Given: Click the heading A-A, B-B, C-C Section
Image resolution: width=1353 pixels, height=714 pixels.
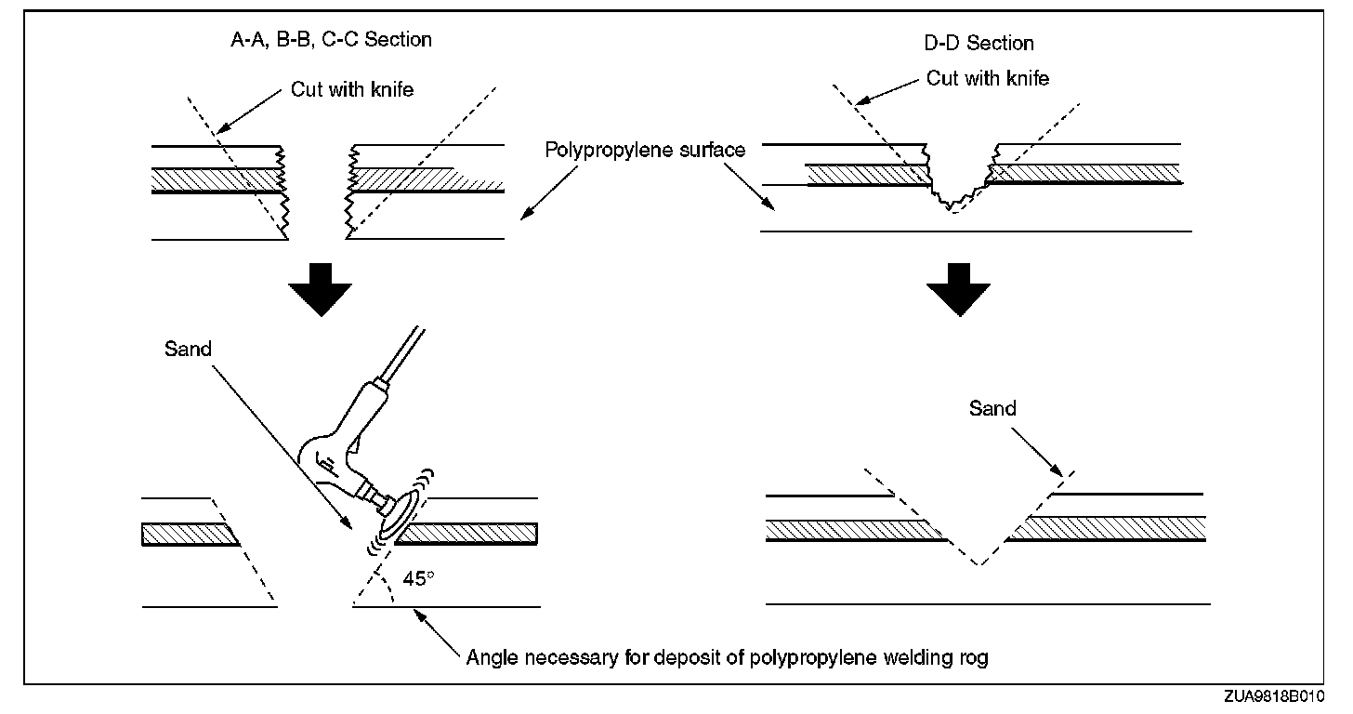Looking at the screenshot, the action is click(331, 40).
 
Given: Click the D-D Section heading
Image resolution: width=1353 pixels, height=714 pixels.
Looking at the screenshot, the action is click(979, 44).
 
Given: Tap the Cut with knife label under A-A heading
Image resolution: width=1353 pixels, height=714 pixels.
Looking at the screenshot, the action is click(352, 89).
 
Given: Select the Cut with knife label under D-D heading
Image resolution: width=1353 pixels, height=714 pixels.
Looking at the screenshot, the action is click(988, 78).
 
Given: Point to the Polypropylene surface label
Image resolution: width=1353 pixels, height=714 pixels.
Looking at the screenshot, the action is click(645, 150).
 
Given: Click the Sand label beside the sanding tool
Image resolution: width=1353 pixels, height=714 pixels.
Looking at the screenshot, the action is click(188, 350).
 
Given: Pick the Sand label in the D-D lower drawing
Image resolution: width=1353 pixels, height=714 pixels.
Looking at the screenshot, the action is click(992, 408).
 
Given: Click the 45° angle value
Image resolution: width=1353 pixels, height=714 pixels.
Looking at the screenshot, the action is click(418, 578).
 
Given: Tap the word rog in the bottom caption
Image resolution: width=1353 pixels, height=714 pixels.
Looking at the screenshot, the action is click(973, 658).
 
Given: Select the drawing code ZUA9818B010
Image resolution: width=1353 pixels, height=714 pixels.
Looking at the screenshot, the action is click(1275, 696).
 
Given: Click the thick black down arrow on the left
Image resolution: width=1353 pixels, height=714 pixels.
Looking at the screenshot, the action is click(320, 289).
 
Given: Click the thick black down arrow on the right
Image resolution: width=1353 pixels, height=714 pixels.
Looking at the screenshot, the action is click(959, 289).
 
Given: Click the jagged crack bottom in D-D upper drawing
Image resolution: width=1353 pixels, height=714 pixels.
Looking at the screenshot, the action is click(951, 205).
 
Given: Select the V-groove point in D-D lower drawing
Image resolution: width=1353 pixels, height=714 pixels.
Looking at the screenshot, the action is click(979, 564).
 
